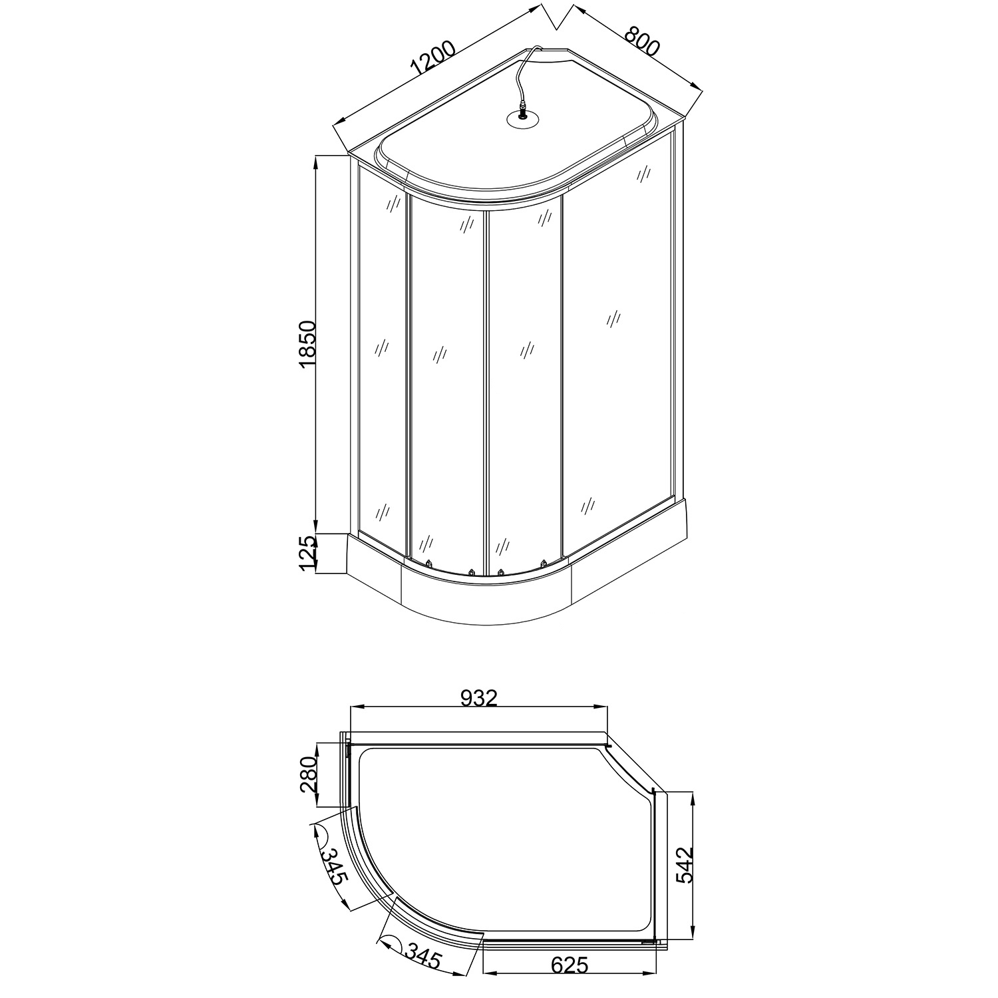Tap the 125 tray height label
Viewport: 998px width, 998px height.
[307, 554]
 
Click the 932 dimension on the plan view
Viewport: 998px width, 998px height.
[479, 697]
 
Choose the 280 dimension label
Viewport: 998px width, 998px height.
[309, 774]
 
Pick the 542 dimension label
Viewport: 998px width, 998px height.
[685, 864]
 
